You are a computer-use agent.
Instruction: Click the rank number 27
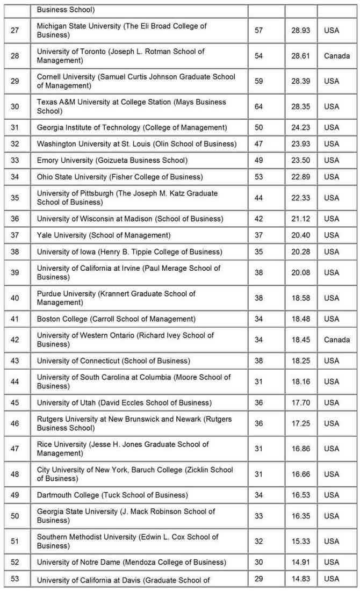click(15, 31)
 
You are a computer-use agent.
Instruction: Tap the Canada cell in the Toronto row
click(336, 56)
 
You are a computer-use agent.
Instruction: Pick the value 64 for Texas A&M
click(258, 106)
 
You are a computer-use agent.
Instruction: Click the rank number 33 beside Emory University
click(15, 160)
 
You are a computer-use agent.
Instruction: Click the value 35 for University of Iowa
click(258, 251)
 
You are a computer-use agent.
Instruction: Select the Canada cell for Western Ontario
click(336, 340)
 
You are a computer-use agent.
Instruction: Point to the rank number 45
click(15, 402)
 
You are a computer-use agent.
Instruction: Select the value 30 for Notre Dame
click(258, 562)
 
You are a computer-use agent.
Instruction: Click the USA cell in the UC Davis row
click(332, 579)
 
